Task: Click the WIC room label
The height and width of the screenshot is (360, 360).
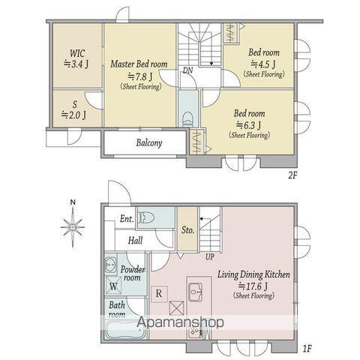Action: point(77,53)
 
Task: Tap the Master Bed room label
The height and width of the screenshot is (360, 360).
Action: point(139,64)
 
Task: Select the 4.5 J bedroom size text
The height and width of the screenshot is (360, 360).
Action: point(263,64)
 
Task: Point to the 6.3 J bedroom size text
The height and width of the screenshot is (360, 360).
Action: point(249,125)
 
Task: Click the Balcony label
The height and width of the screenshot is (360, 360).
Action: point(149,142)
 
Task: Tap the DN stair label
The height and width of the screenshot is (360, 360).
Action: point(187,70)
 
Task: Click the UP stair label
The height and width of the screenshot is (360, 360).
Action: point(210,256)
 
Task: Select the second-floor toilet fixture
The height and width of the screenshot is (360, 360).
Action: point(187,119)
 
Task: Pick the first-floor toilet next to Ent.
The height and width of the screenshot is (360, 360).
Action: point(145,217)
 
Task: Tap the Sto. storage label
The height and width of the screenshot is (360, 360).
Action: point(187,229)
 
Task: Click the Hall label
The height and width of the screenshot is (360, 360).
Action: point(135,241)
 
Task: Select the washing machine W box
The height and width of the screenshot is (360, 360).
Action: point(113,286)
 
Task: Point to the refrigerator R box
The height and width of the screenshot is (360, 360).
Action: point(159,294)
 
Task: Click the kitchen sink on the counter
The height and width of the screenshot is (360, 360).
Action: point(195,292)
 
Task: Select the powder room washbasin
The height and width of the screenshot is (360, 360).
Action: point(111,264)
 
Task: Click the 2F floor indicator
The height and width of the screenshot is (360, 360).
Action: point(292,175)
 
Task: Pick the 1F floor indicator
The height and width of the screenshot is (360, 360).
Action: point(307,348)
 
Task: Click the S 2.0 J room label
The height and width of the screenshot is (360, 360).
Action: point(74,110)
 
